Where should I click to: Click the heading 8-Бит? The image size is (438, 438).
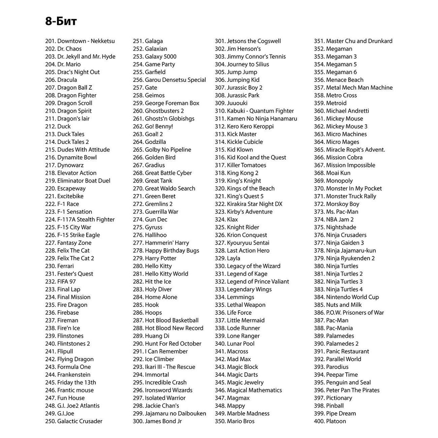[61, 21]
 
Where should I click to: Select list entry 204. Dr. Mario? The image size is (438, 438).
[63, 64]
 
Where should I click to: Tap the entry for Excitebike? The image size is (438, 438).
[64, 196]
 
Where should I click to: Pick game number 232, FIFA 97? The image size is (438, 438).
[61, 281]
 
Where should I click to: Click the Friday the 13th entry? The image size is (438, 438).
[71, 382]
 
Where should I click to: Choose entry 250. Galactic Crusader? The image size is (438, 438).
[74, 421]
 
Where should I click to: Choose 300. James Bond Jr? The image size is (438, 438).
[157, 421]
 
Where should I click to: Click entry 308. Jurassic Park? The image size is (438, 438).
[237, 95]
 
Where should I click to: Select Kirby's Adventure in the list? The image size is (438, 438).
[244, 212]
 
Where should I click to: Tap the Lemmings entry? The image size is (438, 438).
[234, 297]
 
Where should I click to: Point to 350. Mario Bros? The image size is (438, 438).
[235, 421]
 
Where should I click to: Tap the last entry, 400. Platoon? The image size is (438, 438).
[330, 421]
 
